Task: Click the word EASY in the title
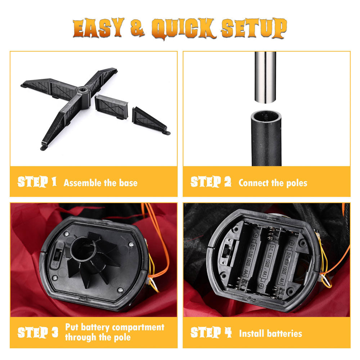pyautogui.click(x=98, y=28)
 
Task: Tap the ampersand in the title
pyautogui.click(x=137, y=28)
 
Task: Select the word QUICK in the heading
pyautogui.click(x=183, y=28)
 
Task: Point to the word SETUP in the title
pyautogui.click(x=254, y=28)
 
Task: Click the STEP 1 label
pyautogui.click(x=37, y=182)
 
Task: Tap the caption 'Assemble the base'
pyautogui.click(x=100, y=183)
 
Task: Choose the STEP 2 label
pyautogui.click(x=211, y=181)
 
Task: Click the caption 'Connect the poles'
pyautogui.click(x=273, y=183)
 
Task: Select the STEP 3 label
pyautogui.click(x=38, y=332)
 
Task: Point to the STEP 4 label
pyautogui.click(x=211, y=332)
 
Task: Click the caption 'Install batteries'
pyautogui.click(x=270, y=333)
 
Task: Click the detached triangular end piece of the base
pyautogui.click(x=151, y=121)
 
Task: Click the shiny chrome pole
pyautogui.click(x=265, y=77)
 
